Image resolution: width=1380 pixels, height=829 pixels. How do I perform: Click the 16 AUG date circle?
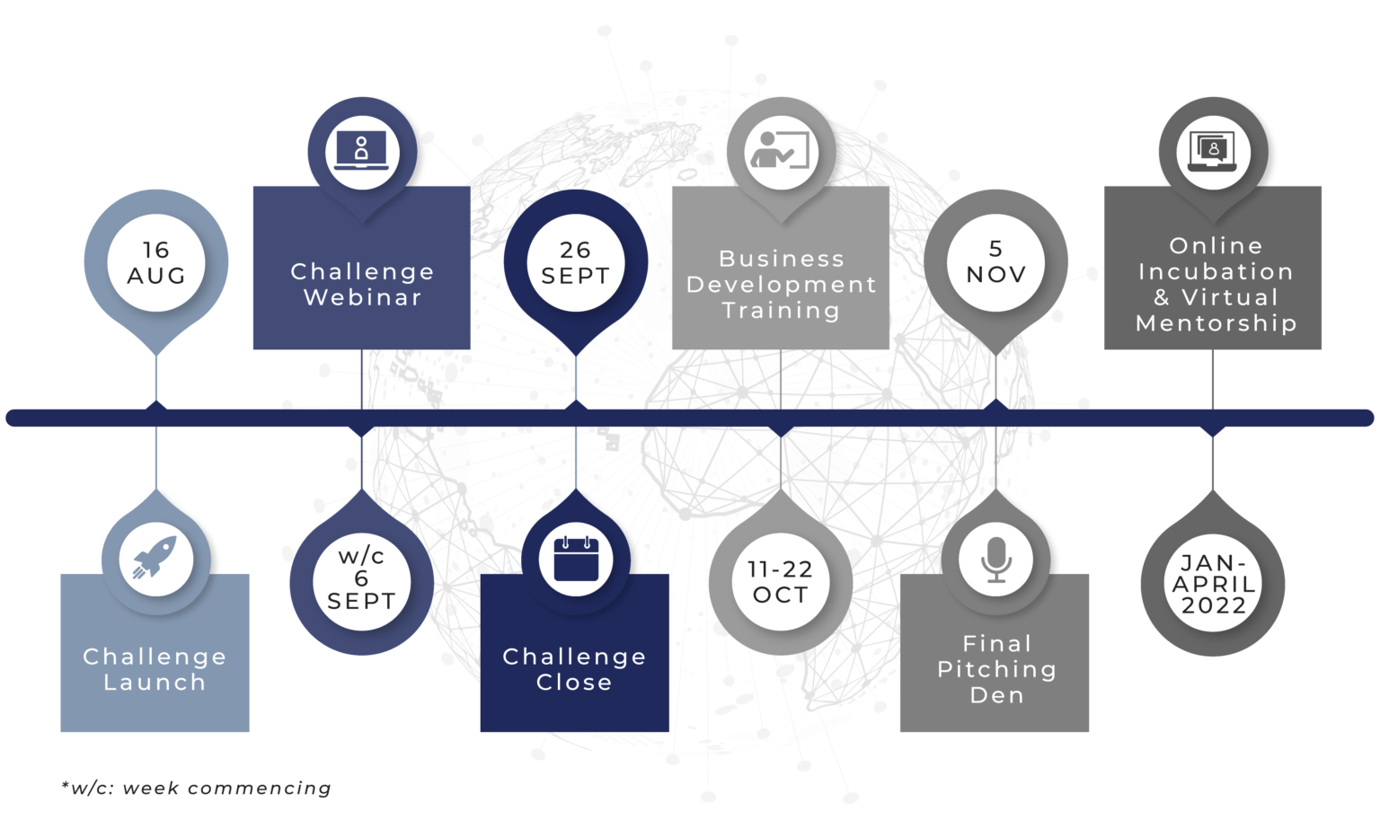point(156,263)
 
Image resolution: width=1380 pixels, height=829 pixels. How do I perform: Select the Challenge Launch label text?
point(155,669)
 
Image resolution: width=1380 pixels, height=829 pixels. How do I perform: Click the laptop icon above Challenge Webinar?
point(361,149)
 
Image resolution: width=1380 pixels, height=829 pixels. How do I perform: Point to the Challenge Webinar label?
point(362,284)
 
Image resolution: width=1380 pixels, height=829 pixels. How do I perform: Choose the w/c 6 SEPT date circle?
point(361,579)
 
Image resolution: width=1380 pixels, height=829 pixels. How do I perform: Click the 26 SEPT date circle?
point(575,262)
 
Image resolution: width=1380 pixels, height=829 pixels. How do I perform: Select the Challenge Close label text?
point(574,669)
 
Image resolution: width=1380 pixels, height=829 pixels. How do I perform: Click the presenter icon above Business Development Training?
point(780,149)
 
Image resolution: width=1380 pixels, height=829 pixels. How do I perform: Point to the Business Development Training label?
point(781,284)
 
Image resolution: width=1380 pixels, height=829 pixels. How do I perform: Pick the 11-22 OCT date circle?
point(780,582)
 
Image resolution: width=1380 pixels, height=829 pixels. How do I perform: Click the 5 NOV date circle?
point(995,262)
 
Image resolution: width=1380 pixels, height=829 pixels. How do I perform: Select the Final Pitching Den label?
point(996,669)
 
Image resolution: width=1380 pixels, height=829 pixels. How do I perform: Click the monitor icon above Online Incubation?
point(1212,149)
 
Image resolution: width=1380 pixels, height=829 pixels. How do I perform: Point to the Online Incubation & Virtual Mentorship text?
point(1216,284)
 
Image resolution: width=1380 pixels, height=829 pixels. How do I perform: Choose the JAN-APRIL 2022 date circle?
point(1213,584)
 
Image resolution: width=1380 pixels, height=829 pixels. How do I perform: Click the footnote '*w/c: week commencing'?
point(196,789)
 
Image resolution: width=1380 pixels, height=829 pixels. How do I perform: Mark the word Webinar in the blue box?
point(362,297)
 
